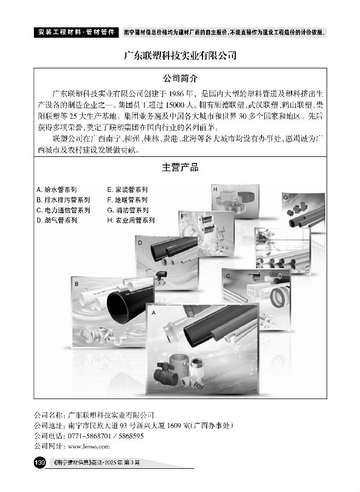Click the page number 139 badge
click(x=40, y=462)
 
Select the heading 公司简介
click(x=180, y=78)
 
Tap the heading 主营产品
click(x=180, y=168)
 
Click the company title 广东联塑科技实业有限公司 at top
click(x=180, y=56)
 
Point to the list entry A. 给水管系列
click(x=56, y=190)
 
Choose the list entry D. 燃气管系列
click(x=56, y=220)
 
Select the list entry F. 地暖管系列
click(x=127, y=200)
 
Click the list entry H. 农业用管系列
click(x=131, y=220)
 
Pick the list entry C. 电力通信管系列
click(x=63, y=210)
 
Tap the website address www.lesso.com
click(x=89, y=447)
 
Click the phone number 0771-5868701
click(x=90, y=436)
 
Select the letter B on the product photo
click(x=77, y=284)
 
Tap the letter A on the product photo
click(x=154, y=313)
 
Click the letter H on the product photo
click(x=215, y=189)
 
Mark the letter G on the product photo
click(x=286, y=197)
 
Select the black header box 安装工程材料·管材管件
click(x=77, y=32)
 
